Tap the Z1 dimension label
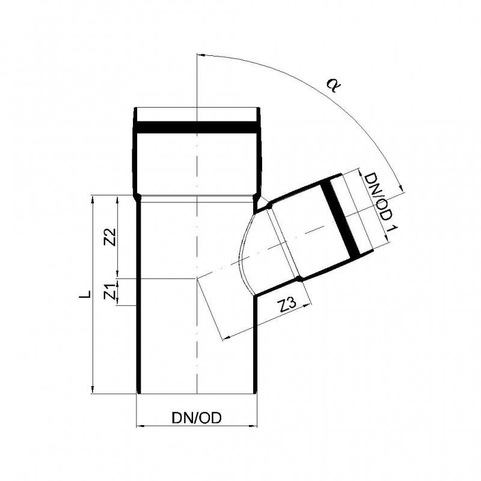(110, 292)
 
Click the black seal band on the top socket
(197, 127)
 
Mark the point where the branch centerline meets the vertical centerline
(197, 278)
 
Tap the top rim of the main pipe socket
(197, 108)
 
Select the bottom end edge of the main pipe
(197, 394)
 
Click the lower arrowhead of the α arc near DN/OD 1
(401, 188)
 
